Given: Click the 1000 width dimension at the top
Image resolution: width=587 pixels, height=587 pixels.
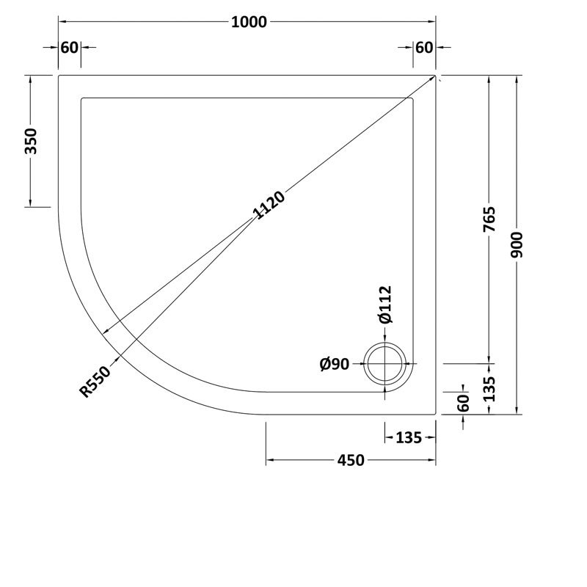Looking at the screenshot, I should pyautogui.click(x=249, y=22).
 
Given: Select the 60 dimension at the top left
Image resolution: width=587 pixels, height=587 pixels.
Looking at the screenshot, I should pyautogui.click(x=69, y=48).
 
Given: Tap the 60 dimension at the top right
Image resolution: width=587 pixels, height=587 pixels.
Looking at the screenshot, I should pyautogui.click(x=424, y=48).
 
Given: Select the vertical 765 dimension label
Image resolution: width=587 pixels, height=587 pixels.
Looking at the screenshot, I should pyautogui.click(x=490, y=219).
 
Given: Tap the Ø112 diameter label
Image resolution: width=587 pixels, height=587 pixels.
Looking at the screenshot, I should pyautogui.click(x=385, y=305).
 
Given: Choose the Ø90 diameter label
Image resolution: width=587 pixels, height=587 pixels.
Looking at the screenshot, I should pyautogui.click(x=335, y=364).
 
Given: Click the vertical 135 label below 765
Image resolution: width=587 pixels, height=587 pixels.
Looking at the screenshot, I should pyautogui.click(x=490, y=388).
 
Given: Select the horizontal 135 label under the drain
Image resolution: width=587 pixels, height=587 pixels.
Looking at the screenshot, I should pyautogui.click(x=408, y=438).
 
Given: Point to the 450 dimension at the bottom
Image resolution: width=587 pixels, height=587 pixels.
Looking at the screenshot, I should pyautogui.click(x=350, y=460).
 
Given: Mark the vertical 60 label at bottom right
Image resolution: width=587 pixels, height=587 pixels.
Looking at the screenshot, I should pyautogui.click(x=463, y=403).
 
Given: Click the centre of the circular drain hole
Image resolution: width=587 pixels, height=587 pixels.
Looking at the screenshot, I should pyautogui.click(x=386, y=363).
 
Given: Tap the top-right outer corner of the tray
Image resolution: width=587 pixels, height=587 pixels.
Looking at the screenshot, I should pyautogui.click(x=437, y=75).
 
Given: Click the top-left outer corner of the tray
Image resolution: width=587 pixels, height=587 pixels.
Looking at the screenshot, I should pyautogui.click(x=59, y=75).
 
